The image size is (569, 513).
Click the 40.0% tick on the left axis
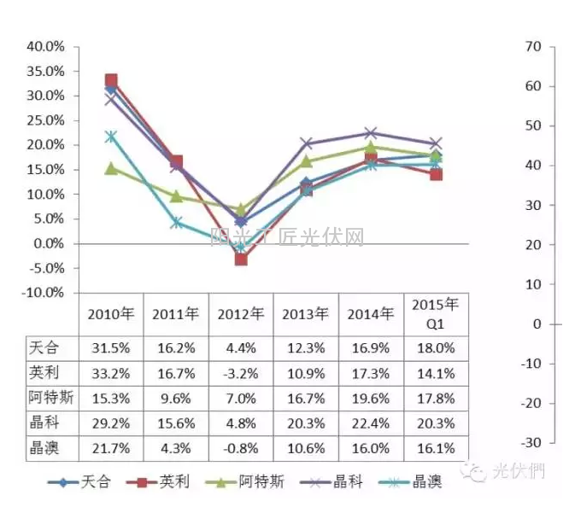pos(41,46)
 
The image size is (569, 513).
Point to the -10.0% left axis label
pos(39,292)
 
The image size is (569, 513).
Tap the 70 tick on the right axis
pos(532,46)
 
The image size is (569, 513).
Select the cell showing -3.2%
pos(241,373)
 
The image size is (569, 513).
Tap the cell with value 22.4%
pos(371,423)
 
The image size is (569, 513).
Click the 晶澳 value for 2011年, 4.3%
pos(176,447)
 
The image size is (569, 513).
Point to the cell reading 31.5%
pos(111,348)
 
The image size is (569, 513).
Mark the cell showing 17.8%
pos(436,398)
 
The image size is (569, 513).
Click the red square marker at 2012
pos(241,259)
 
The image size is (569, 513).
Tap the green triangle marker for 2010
pos(111,168)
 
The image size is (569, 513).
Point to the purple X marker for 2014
pos(371,133)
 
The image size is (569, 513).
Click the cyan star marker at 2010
pos(111,137)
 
